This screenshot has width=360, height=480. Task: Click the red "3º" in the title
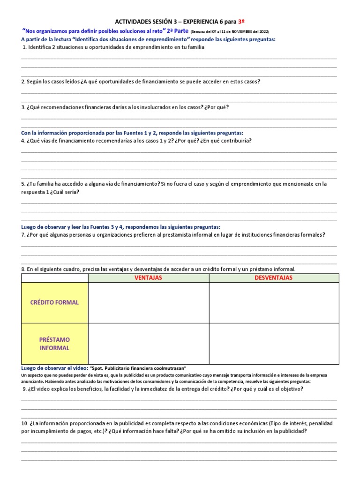point(242,22)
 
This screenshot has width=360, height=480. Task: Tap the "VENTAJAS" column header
point(148,278)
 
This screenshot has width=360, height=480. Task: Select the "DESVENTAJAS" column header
point(273,278)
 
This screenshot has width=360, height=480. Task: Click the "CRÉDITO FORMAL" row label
point(54,303)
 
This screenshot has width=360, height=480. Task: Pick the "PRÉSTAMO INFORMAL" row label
point(54,344)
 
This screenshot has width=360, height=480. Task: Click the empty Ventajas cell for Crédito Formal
point(148,303)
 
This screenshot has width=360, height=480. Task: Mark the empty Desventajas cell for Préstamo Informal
point(273,344)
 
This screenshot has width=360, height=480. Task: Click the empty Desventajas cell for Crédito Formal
point(273,303)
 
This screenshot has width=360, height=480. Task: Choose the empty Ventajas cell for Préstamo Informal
point(148,344)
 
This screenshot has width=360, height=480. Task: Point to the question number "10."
point(25,423)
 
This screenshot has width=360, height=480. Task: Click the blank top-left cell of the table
point(54,278)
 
